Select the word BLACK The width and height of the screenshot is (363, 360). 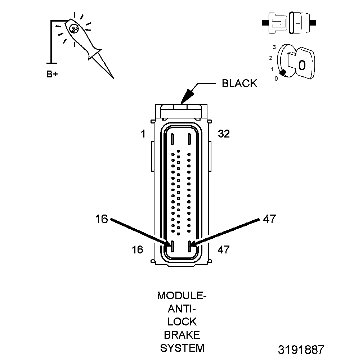(x=239, y=84)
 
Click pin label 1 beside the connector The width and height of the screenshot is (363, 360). (x=143, y=134)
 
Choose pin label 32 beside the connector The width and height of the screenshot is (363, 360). (x=224, y=134)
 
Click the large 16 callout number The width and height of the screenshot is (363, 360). (x=102, y=219)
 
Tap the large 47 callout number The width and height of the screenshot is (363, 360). (x=269, y=219)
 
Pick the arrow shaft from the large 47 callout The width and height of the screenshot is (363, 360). (x=227, y=232)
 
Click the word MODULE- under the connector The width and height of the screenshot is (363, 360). (x=182, y=296)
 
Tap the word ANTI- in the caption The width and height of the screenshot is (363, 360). (x=182, y=309)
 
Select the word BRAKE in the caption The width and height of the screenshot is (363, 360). (x=182, y=335)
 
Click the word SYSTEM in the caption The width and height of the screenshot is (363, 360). (x=182, y=348)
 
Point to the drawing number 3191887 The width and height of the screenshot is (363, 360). (x=301, y=349)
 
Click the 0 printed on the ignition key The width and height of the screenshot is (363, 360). (x=302, y=65)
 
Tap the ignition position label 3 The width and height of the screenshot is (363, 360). (x=274, y=47)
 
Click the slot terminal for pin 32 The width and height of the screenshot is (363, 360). (x=189, y=139)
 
